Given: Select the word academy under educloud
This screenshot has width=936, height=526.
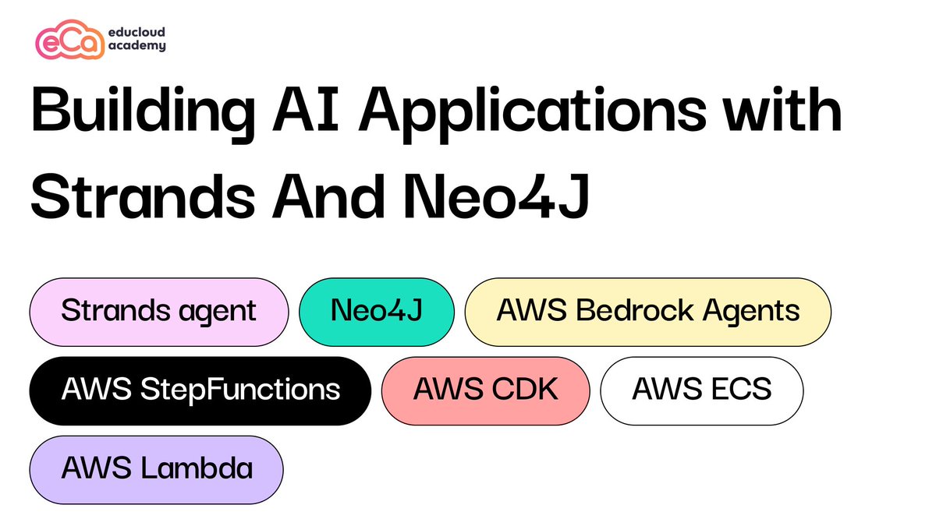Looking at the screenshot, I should [137, 46].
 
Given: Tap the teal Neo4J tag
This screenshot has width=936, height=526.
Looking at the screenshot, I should [376, 312].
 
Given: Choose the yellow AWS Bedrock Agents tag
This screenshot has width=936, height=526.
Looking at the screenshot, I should [647, 312].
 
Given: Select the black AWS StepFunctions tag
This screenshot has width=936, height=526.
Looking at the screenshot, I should [200, 390].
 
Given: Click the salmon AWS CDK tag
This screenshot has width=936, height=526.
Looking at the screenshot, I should [485, 390].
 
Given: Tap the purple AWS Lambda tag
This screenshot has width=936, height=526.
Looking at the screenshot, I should [156, 469].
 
